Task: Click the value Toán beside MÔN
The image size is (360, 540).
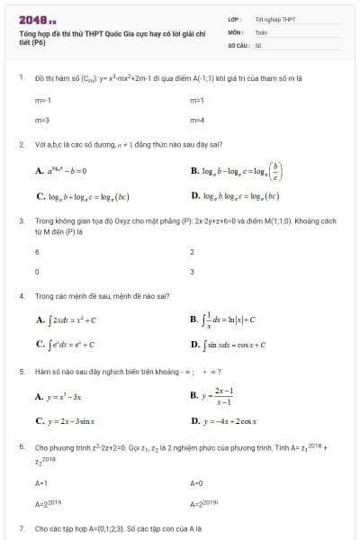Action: click(x=260, y=31)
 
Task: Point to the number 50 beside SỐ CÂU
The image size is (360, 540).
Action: click(x=257, y=43)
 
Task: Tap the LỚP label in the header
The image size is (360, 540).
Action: click(x=234, y=19)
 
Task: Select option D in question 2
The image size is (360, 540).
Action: click(x=235, y=195)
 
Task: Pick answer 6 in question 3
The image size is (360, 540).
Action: click(x=37, y=251)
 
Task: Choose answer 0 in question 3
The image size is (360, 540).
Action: click(x=37, y=270)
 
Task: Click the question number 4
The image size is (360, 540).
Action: click(x=21, y=294)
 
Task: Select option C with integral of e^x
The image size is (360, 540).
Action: click(x=66, y=343)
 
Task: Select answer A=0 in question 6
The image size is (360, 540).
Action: click(x=197, y=482)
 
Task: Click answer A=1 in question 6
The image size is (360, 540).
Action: click(x=41, y=482)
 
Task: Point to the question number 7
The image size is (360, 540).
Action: click(x=21, y=528)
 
